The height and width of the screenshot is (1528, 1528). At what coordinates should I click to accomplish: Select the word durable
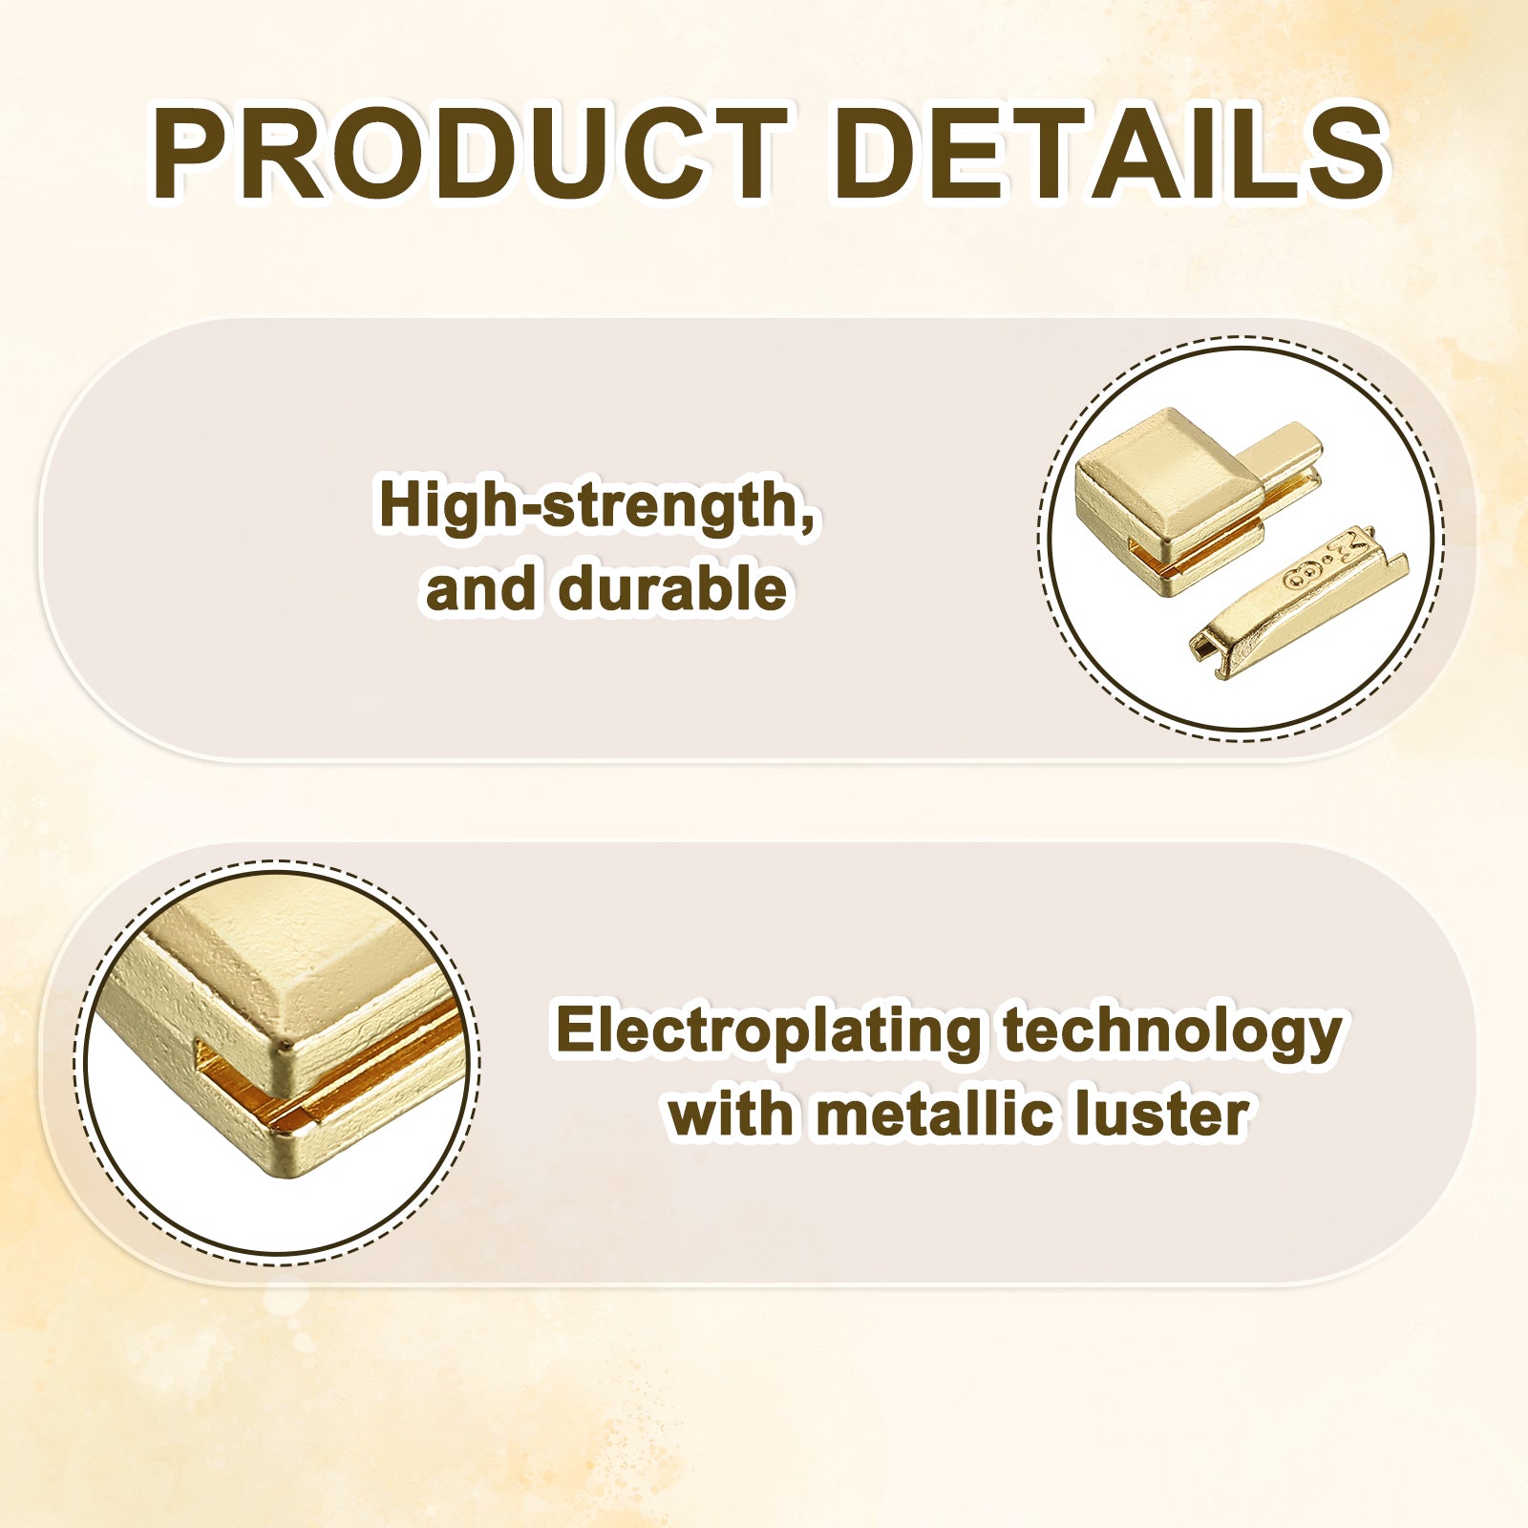coord(673,587)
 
